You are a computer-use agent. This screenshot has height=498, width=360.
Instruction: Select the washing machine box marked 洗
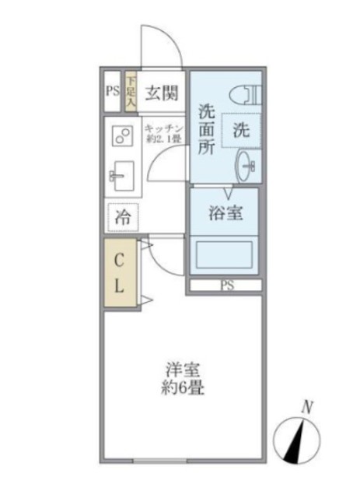point(242,131)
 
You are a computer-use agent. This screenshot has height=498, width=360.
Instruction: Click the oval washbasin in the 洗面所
point(249,166)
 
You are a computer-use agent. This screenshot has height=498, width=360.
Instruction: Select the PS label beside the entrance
point(112,90)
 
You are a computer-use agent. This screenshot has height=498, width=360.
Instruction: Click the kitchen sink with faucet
point(121,176)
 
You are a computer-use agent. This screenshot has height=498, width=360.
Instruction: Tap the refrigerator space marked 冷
point(123,219)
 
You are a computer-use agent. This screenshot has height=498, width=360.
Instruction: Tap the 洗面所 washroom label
point(206,128)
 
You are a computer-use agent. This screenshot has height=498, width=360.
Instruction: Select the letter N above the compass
point(308,406)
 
